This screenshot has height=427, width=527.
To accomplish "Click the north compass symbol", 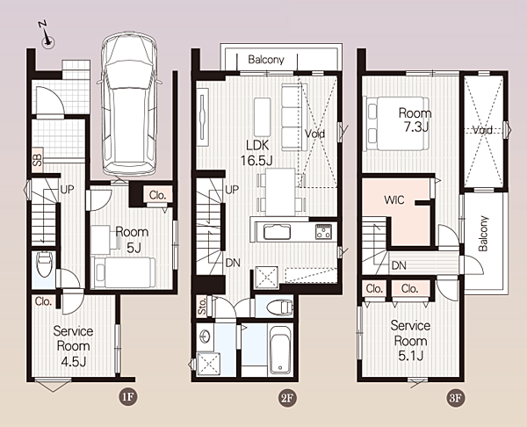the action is point(47,36).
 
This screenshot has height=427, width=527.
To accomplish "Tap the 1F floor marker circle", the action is point(128,397).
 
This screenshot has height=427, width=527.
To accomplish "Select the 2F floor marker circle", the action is point(287,398).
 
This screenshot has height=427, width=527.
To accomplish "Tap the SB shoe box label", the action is point(37,160).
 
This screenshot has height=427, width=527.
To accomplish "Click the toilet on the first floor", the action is point(45,264).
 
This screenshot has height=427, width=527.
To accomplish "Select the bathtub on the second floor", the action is point(280,350).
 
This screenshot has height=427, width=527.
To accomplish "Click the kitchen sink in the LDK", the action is point(277,232).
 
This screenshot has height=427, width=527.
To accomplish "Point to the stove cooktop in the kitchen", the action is point(323,232).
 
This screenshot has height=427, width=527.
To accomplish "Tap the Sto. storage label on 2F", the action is point(202,306).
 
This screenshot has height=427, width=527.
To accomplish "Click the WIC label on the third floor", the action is point(393,200).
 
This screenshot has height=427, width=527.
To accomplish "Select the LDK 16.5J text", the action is point(257,154).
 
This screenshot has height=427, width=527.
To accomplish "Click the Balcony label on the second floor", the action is point(266,60).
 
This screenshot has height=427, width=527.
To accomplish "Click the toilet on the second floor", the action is point(279,308).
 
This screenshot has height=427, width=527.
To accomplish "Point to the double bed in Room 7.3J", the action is point(395,123).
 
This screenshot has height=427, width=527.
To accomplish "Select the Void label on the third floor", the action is point(482,129).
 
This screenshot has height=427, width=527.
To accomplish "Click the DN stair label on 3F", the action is point(399,265).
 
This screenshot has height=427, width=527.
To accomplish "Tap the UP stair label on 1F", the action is point(67,190).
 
